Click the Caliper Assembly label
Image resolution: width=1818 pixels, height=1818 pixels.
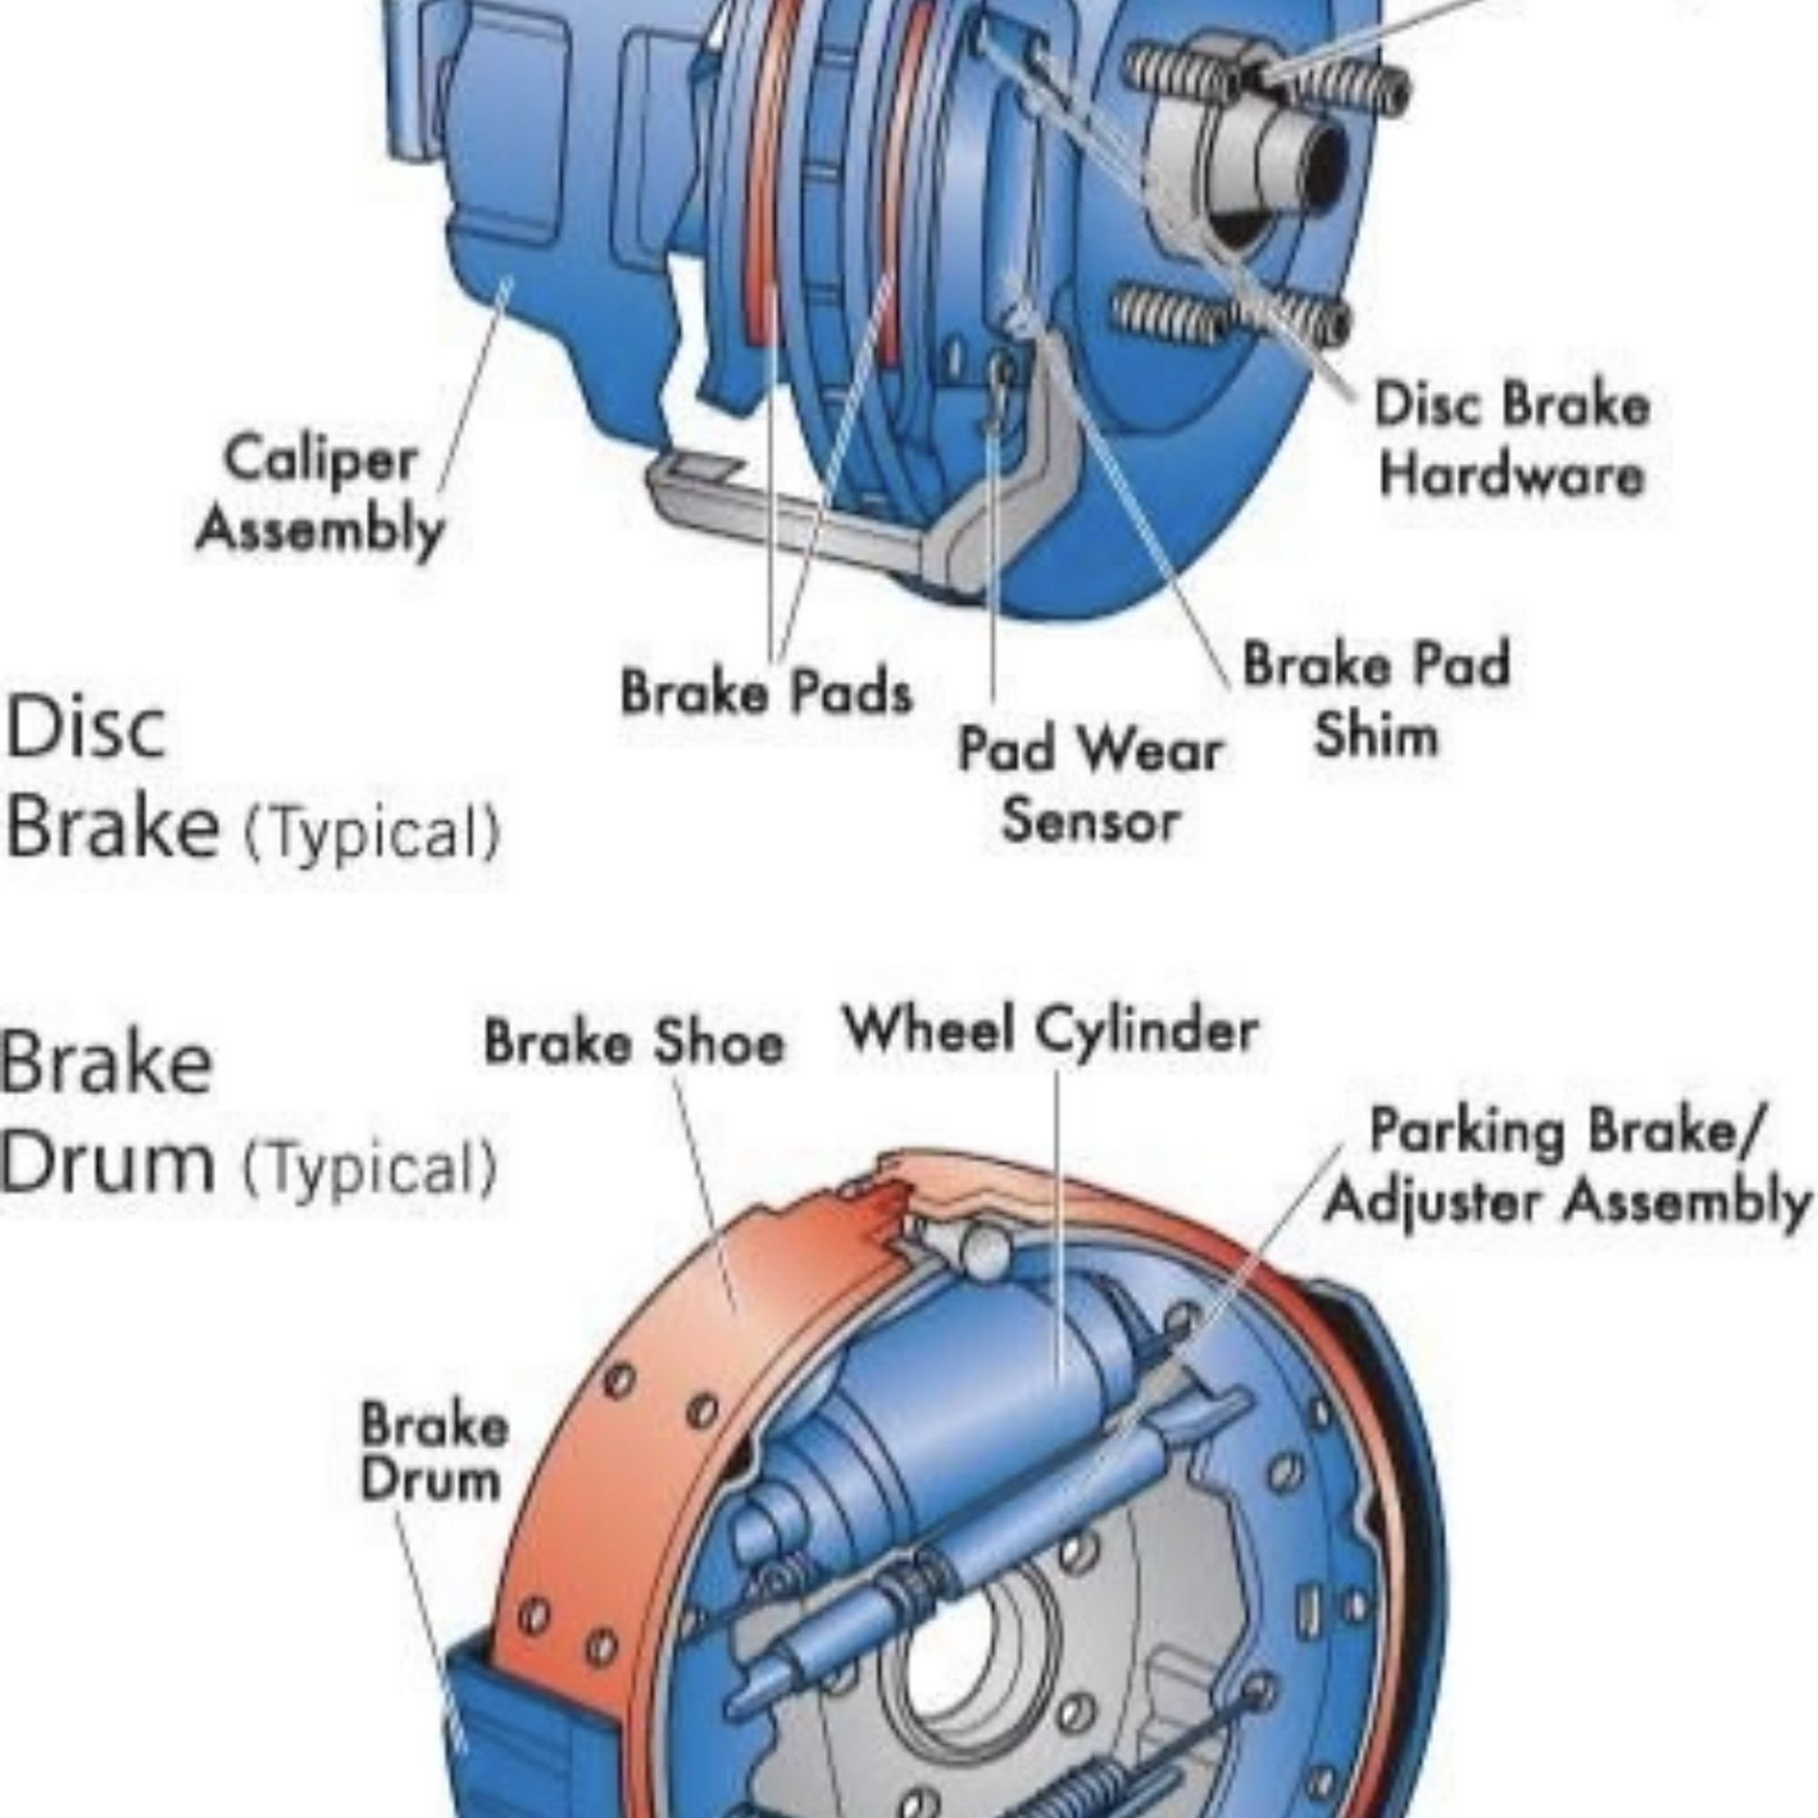point(320,493)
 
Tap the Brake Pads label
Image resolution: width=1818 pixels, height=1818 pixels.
point(766,693)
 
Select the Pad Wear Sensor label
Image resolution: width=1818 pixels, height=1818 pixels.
point(1090,784)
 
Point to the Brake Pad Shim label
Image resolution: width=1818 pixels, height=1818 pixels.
point(1375,698)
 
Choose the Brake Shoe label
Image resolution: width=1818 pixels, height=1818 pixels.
point(634,1043)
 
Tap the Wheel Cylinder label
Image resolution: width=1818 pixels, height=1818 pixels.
point(1050,1030)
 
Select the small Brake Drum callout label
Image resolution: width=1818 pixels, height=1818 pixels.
point(434,1453)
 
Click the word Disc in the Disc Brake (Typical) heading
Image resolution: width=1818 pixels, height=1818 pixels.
point(86,727)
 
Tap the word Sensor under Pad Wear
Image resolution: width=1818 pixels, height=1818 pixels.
point(1090,821)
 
